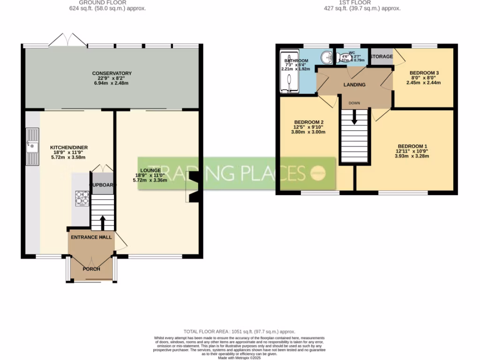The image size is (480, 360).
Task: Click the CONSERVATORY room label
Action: pos(112,74)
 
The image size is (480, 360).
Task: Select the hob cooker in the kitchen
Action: pos(82,198)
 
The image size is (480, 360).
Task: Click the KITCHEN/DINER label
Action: pos(69,148)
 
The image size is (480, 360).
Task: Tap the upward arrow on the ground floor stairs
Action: pos(102,222)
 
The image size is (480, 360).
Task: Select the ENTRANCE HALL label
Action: pos(91,238)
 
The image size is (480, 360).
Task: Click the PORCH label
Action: pos(91,269)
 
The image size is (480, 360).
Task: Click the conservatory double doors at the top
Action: pos(68,41)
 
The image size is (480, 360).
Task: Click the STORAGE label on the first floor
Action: pos(381,57)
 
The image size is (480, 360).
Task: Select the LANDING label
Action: pos(354,85)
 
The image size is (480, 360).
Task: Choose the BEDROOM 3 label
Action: pos(424,73)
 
